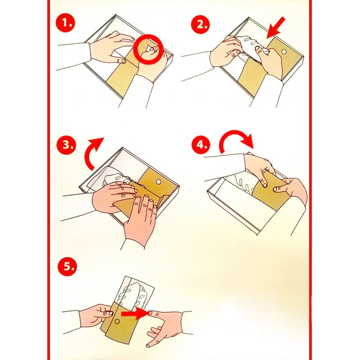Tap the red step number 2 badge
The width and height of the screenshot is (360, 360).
coord(201,24)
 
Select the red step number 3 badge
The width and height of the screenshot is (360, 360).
coord(66,144)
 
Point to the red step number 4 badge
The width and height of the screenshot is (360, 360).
coord(201,144)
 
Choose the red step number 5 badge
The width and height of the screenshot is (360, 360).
coord(67,266)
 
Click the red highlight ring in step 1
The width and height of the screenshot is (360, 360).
coord(148,35)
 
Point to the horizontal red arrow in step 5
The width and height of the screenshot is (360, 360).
coord(135,313)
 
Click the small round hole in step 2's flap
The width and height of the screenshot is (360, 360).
coord(284,52)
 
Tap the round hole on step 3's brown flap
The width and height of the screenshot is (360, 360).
coord(159,182)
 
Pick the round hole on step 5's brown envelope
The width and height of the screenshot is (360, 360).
coord(117,321)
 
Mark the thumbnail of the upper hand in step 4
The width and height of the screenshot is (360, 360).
coord(265,185)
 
